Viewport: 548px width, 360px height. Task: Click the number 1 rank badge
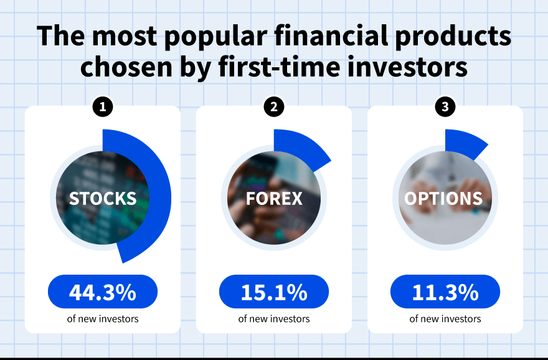click(x=103, y=107)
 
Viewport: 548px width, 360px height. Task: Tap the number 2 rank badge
click(x=274, y=107)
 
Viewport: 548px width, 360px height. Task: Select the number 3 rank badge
click(x=445, y=107)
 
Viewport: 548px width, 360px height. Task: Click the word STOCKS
click(x=103, y=199)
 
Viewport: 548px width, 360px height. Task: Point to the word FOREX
click(x=274, y=199)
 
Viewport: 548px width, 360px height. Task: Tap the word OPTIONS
click(x=443, y=199)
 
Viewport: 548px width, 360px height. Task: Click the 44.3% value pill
click(x=103, y=291)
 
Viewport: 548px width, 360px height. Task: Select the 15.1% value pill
click(x=274, y=291)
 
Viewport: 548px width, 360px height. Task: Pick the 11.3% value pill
click(x=445, y=291)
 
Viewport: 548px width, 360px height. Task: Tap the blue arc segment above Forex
click(x=301, y=147)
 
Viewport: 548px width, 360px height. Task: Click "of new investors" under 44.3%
click(x=103, y=319)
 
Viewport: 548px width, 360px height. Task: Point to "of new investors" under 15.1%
click(x=274, y=319)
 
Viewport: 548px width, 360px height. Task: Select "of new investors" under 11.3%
click(x=445, y=319)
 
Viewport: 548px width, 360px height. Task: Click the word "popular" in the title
click(x=215, y=37)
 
